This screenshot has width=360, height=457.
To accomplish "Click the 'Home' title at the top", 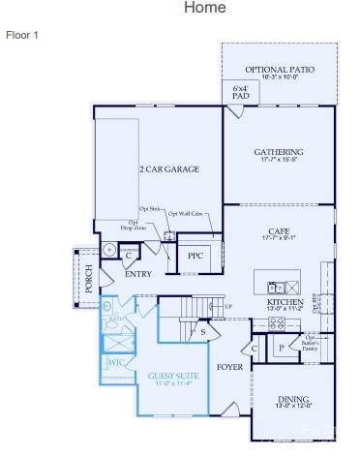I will coord(204,8).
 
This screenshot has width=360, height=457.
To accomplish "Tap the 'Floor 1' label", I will coord(21,35).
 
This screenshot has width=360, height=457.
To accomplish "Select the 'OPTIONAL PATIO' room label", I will coord(279,70).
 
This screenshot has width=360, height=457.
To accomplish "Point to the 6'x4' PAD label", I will coord(239,93).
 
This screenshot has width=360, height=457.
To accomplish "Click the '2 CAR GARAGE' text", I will coord(168,169).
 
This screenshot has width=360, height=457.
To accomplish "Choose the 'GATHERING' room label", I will coord(279,152).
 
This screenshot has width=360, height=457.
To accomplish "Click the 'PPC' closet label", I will coord(195,256).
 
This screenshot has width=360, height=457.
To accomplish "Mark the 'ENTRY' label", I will coord(138,274).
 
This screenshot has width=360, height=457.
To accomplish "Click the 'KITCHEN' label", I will coord(285,302).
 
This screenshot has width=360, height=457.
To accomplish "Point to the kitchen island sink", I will coord(275,287).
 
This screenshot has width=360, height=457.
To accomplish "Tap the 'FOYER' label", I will coord(229,367).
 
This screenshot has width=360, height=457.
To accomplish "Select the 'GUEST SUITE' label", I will coord(174,375).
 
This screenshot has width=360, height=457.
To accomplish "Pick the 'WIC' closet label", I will coord(116,364).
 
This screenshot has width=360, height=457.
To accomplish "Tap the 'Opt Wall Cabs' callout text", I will coord(185,214).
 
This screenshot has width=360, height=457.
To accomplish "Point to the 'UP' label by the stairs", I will coord(228,307).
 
